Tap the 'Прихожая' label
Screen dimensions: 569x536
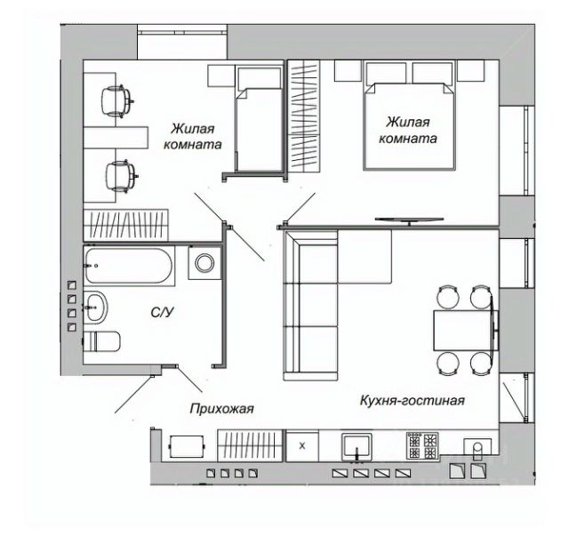[x=221, y=409]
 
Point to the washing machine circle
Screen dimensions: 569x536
[x=205, y=263]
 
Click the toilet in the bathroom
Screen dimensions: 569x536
[x=105, y=341]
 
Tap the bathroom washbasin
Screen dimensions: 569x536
[x=95, y=308]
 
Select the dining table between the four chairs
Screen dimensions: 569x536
[x=464, y=330]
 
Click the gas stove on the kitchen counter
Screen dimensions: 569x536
[x=422, y=443]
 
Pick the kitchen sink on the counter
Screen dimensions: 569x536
[x=359, y=444]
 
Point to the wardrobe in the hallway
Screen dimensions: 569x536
[x=250, y=444]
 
